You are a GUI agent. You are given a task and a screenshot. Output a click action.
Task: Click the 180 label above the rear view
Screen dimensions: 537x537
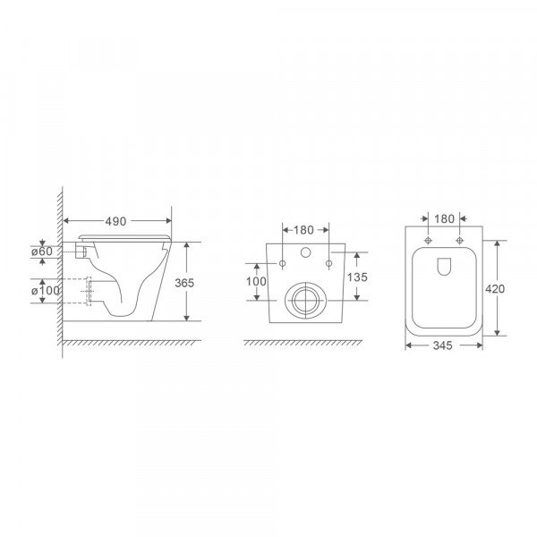tap(305, 229)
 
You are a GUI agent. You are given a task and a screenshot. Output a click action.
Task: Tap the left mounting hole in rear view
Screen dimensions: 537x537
tap(283, 263)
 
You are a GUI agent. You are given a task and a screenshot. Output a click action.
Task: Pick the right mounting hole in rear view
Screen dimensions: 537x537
tap(328, 263)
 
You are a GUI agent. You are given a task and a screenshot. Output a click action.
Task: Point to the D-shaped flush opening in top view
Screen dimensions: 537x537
tap(444, 266)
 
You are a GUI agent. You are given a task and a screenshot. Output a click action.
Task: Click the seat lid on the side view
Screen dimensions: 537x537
tap(125, 235)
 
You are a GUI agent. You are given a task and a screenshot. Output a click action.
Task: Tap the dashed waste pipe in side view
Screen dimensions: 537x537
tap(90, 292)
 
